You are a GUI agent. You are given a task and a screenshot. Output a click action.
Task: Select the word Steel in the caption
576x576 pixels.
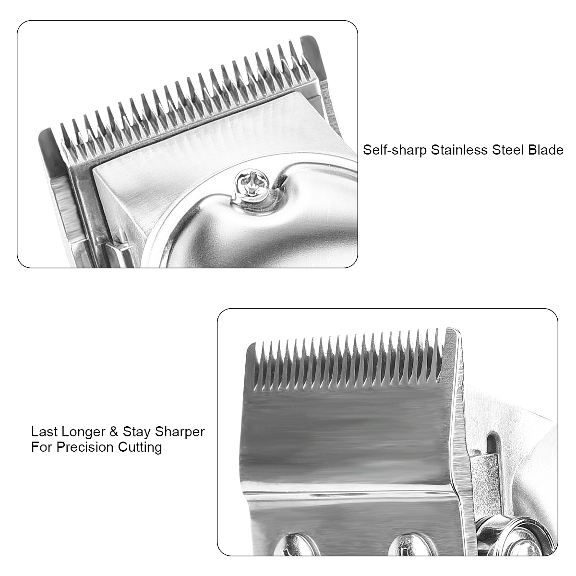click(x=508, y=150)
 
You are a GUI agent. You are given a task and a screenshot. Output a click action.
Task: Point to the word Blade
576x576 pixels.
click(x=545, y=150)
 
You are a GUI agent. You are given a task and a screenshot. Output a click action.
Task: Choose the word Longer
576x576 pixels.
click(x=84, y=432)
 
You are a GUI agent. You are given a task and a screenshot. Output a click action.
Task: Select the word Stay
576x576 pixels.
click(x=136, y=432)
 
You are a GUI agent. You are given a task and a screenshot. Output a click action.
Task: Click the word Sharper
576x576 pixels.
click(x=180, y=432)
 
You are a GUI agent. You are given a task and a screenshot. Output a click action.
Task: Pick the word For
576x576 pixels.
click(x=42, y=447)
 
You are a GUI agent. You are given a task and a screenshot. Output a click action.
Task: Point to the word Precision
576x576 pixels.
click(x=85, y=447)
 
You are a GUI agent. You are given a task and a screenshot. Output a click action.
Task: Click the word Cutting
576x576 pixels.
click(x=140, y=448)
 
